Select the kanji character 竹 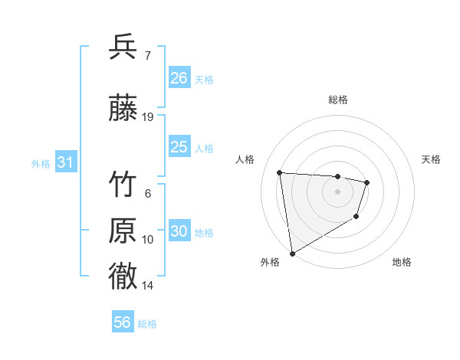[123, 185]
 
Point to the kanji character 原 [123, 231]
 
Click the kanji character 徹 [123, 277]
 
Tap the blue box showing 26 [179, 77]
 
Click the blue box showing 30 [179, 231]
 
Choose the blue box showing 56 [123, 322]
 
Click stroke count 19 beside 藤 [148, 116]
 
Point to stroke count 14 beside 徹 [148, 286]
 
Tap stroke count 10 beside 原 [148, 240]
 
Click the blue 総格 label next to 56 [147, 324]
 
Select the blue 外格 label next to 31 [41, 163]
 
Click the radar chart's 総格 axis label [337, 100]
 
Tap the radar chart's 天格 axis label [431, 159]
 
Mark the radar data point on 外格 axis [291, 253]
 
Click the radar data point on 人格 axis [280, 172]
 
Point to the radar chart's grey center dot [337, 191]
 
